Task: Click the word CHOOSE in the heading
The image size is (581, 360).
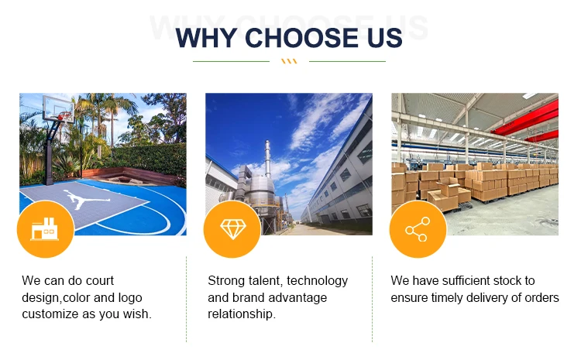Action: point(301,38)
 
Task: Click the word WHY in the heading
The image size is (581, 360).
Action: point(206,38)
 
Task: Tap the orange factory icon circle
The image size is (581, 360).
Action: point(46,229)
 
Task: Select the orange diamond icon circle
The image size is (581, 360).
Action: point(232,229)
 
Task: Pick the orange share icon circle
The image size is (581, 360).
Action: point(418,229)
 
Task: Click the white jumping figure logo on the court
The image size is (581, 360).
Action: point(86,199)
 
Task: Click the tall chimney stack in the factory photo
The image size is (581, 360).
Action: point(267,159)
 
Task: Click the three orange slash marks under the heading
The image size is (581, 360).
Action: point(289,61)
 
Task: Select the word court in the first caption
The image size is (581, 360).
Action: point(100,281)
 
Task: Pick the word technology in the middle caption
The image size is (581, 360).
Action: point(317,281)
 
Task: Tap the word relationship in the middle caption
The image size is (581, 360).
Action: point(241,314)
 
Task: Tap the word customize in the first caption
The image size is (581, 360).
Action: point(50,314)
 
